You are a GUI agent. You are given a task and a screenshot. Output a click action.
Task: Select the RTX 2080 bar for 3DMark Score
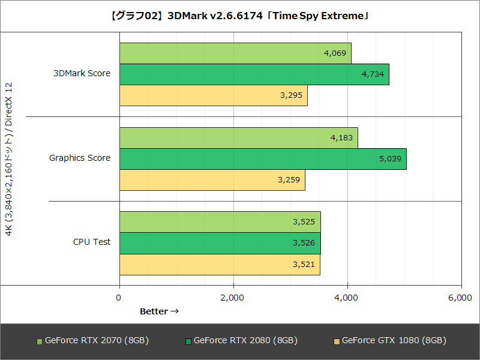[x=254, y=74]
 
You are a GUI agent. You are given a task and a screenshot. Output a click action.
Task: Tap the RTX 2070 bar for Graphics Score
[x=238, y=138]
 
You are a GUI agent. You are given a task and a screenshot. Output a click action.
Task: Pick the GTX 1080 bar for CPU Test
[x=219, y=265]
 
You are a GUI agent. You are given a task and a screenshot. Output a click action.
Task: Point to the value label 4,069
[x=334, y=53]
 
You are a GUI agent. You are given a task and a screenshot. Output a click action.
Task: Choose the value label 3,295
[x=290, y=95]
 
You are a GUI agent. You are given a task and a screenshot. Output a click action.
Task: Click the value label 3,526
[x=304, y=243]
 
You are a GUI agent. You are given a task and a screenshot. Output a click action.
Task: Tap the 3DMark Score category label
[x=82, y=74]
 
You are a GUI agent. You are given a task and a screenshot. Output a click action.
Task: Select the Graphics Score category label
[x=80, y=158]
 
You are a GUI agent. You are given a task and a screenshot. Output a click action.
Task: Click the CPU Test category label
[x=92, y=242]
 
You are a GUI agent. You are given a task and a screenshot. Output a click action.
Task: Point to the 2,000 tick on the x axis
[x=233, y=298]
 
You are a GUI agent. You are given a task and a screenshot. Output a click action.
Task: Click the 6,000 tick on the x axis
[x=460, y=298]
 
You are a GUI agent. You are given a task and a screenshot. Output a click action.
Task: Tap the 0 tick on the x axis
[x=119, y=298]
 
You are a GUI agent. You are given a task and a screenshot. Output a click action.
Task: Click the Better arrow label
[x=159, y=311]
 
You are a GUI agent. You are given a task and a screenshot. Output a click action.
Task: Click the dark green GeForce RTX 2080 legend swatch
[x=188, y=341]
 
